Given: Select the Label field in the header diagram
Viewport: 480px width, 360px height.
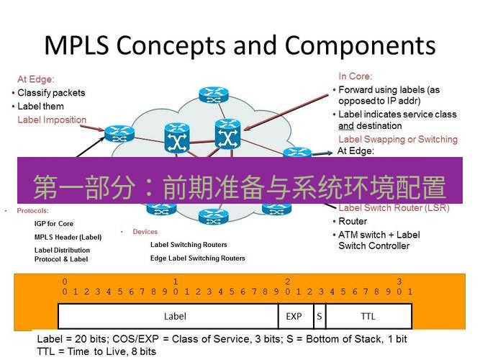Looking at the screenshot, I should pyautogui.click(x=175, y=315).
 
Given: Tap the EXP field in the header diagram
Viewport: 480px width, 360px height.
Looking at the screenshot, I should pyautogui.click(x=294, y=315).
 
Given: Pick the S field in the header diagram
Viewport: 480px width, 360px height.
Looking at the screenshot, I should pyautogui.click(x=319, y=315).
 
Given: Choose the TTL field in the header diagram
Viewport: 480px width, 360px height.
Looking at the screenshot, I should pyautogui.click(x=368, y=315).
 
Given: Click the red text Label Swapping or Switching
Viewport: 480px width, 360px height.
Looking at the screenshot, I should pyautogui.click(x=397, y=139).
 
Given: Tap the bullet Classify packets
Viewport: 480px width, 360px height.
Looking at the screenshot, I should pyautogui.click(x=51, y=93).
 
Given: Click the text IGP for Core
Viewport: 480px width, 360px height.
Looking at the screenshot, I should pyautogui.click(x=54, y=224).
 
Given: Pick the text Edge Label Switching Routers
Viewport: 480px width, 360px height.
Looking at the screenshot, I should pyautogui.click(x=197, y=258).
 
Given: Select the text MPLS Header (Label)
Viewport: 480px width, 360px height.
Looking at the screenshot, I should pyautogui.click(x=68, y=237).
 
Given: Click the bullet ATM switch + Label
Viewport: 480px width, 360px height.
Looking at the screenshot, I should pyautogui.click(x=379, y=235).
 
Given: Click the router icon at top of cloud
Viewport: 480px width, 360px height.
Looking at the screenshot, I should pyautogui.click(x=213, y=94).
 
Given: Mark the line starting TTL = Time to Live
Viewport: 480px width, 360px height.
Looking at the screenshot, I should pyautogui.click(x=96, y=351).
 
